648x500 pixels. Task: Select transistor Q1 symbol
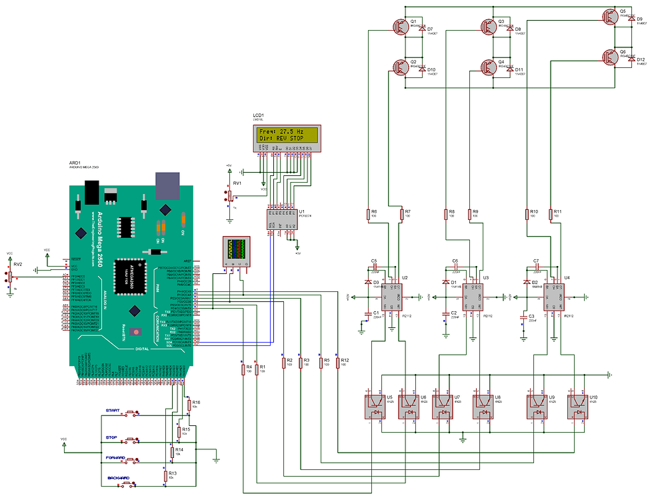click(402, 26)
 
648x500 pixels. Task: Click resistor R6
click(369, 214)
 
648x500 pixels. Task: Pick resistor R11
click(551, 214)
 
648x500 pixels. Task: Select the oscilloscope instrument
click(237, 251)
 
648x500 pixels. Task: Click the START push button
click(133, 413)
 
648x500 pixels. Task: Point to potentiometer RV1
click(229, 195)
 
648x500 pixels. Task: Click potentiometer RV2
click(10, 277)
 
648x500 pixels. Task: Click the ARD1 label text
click(75, 162)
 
